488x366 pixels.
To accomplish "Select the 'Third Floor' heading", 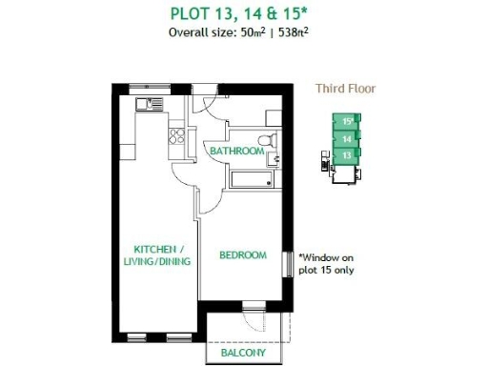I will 345,89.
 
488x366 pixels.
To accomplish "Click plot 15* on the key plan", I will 348,121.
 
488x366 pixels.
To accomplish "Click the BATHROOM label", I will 236,152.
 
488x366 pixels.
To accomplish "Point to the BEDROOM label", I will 242,255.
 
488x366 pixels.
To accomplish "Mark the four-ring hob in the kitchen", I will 176,134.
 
